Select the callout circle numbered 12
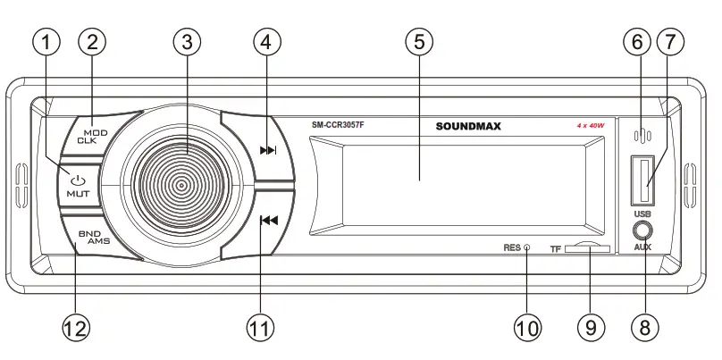point(76,327)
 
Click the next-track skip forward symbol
point(267,150)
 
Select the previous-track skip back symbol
point(267,222)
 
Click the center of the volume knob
point(181,186)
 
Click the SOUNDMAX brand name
point(468,127)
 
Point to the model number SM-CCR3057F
point(338,127)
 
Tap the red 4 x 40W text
point(592,127)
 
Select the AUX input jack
point(643,230)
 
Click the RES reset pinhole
point(527,247)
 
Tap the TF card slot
point(588,250)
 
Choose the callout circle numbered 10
point(527,327)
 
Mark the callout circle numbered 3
point(187,41)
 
